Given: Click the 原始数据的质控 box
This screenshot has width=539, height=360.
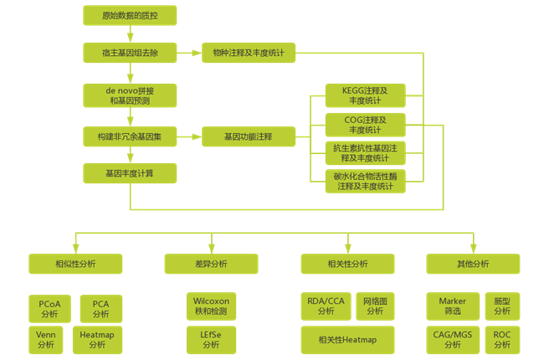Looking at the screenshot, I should click(130, 15).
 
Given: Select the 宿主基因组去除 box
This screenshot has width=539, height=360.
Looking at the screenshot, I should click(130, 54).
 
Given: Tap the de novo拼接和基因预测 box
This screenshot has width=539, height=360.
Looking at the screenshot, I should click(130, 95).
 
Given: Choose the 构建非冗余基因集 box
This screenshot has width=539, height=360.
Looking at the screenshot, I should click(130, 136).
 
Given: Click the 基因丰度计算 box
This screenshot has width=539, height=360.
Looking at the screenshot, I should click(130, 173).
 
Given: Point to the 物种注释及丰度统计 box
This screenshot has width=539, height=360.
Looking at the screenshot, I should click(249, 54).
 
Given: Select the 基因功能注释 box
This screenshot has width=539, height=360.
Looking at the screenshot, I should click(249, 136).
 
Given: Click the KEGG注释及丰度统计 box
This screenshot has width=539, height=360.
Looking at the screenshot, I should click(365, 95).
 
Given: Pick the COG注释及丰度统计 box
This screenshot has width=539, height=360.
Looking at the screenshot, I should click(365, 124).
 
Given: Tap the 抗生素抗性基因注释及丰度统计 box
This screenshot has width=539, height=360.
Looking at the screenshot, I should click(365, 152).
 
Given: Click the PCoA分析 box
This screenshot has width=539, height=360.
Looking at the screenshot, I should click(49, 308).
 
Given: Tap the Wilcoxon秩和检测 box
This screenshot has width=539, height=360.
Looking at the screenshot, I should click(210, 306).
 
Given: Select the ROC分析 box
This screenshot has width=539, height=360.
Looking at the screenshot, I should click(501, 338).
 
